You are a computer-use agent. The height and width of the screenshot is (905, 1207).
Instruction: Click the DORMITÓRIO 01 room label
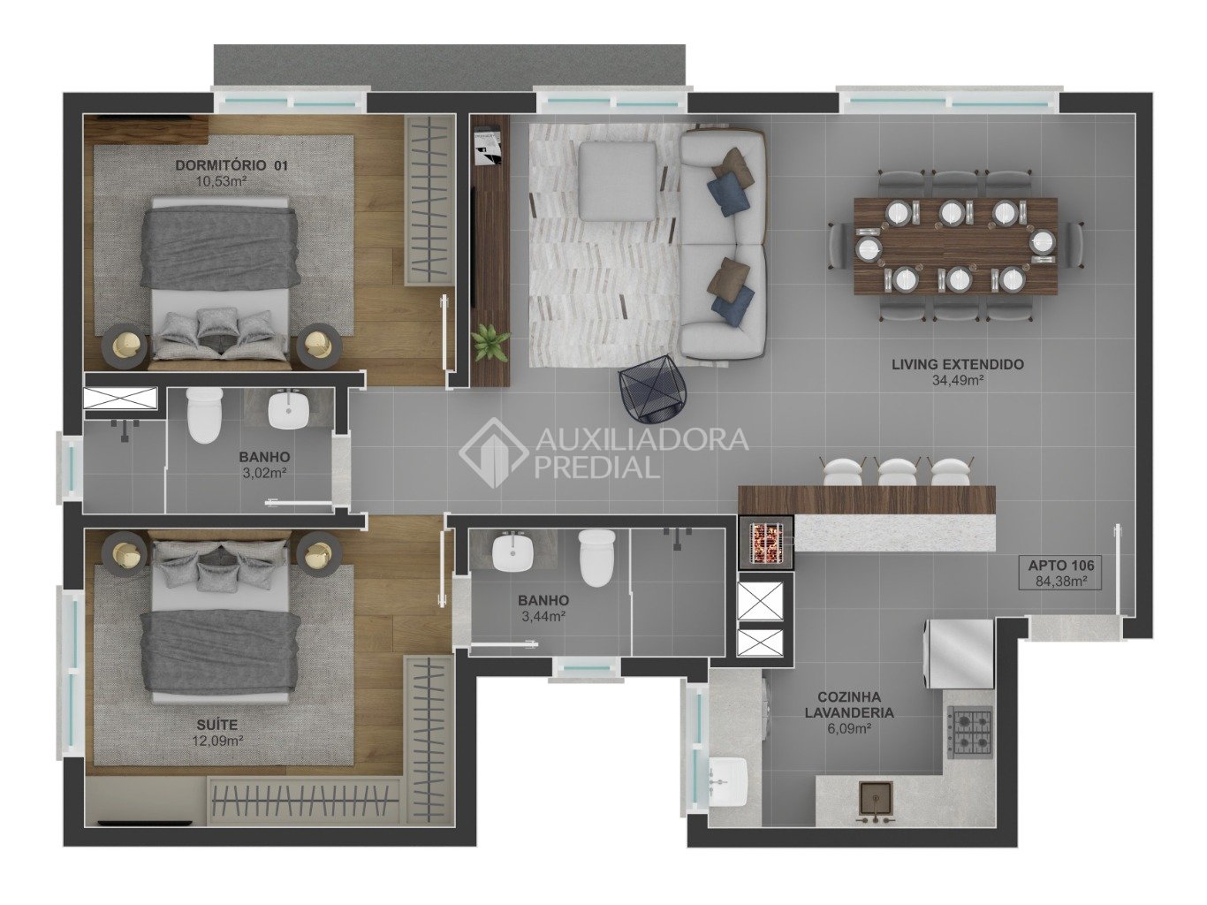231,165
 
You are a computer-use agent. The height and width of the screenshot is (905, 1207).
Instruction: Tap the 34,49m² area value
957,380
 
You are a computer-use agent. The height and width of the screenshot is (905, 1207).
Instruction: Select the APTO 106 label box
1060,573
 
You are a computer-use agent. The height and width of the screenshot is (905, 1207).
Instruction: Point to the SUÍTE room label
218,726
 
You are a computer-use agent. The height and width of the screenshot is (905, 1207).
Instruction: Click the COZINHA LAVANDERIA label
849,705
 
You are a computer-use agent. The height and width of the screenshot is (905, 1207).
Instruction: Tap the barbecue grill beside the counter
765,543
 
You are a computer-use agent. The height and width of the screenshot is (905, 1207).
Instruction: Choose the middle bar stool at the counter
897,471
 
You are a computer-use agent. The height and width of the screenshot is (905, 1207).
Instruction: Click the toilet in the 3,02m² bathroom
204,416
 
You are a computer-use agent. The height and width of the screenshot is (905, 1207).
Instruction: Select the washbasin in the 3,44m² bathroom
512,551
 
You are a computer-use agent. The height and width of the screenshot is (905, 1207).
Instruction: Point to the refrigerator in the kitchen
960,654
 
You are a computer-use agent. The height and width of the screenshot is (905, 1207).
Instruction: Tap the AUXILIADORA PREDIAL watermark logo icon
493,453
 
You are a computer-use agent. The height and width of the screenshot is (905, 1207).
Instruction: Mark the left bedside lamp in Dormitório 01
126,346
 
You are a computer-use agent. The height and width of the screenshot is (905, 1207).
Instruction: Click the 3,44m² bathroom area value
543,616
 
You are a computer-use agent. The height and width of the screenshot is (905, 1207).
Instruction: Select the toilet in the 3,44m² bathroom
597,557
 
